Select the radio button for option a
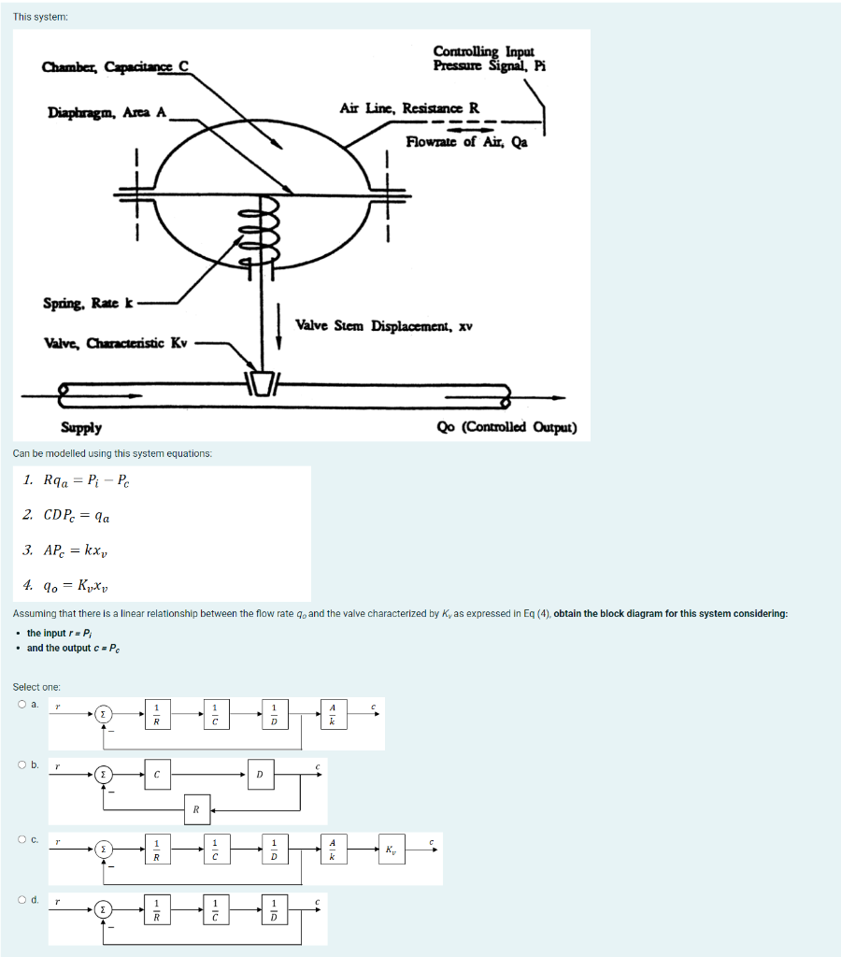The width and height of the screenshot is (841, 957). click(x=20, y=705)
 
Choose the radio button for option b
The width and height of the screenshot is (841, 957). click(x=20, y=764)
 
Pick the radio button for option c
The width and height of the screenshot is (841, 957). click(x=20, y=839)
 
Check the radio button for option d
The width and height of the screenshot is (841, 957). click(x=20, y=899)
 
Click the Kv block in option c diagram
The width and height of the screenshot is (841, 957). click(x=390, y=850)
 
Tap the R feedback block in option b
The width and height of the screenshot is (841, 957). click(x=196, y=809)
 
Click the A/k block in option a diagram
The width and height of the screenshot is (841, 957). click(x=332, y=716)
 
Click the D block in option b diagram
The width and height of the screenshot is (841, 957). click(x=260, y=775)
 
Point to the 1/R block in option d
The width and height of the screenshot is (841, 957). click(x=157, y=908)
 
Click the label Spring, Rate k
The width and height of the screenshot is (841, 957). click(x=89, y=303)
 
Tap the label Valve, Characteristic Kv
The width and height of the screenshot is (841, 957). click(x=116, y=343)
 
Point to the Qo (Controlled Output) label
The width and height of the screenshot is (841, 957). click(x=506, y=428)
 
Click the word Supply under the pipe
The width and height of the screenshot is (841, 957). click(x=81, y=428)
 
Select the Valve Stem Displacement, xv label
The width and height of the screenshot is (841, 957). click(x=384, y=326)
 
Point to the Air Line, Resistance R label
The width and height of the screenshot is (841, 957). click(x=409, y=107)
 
